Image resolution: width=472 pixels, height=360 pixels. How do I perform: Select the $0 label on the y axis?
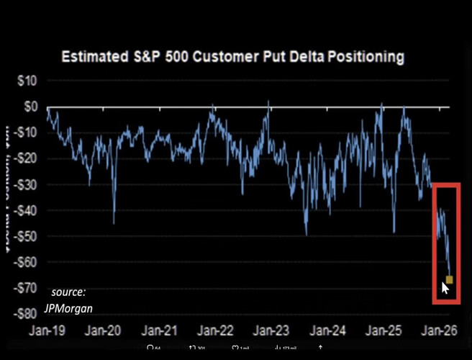pos(30,107)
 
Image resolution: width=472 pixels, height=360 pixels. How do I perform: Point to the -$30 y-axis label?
pos(26,184)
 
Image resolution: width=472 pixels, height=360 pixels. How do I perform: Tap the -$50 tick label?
pos(26,236)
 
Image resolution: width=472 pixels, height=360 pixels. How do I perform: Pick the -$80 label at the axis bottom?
pos(26,314)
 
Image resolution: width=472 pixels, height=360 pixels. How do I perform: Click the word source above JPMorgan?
pos(68,292)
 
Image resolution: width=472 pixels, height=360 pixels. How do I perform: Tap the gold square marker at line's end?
pos(449,279)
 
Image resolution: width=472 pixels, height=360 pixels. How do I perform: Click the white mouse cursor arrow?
pos(445,289)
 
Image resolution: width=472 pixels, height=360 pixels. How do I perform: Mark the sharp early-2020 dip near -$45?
pos(114,222)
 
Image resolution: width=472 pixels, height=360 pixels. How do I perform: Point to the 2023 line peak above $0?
pos(268,102)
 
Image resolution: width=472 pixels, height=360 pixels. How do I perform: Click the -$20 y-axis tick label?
pos(26,158)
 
